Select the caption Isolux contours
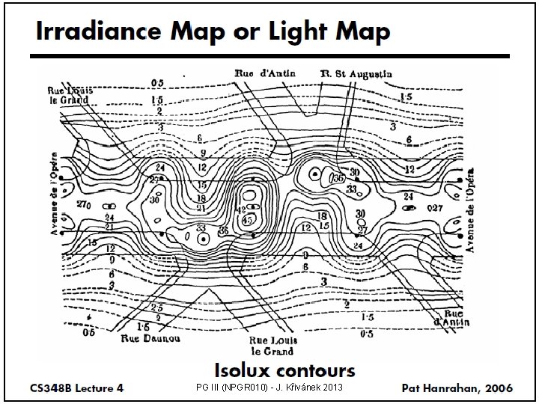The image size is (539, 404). [285, 370]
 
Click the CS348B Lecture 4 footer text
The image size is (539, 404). [77, 388]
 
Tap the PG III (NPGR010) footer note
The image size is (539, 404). [269, 388]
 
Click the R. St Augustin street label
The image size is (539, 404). [356, 74]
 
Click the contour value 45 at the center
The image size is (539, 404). [246, 220]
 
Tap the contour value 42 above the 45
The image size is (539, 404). [241, 209]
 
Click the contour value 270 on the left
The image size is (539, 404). [83, 204]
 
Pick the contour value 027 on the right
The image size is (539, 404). [434, 207]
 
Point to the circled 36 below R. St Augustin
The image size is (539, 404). [338, 179]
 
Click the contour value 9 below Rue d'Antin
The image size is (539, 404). [202, 153]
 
